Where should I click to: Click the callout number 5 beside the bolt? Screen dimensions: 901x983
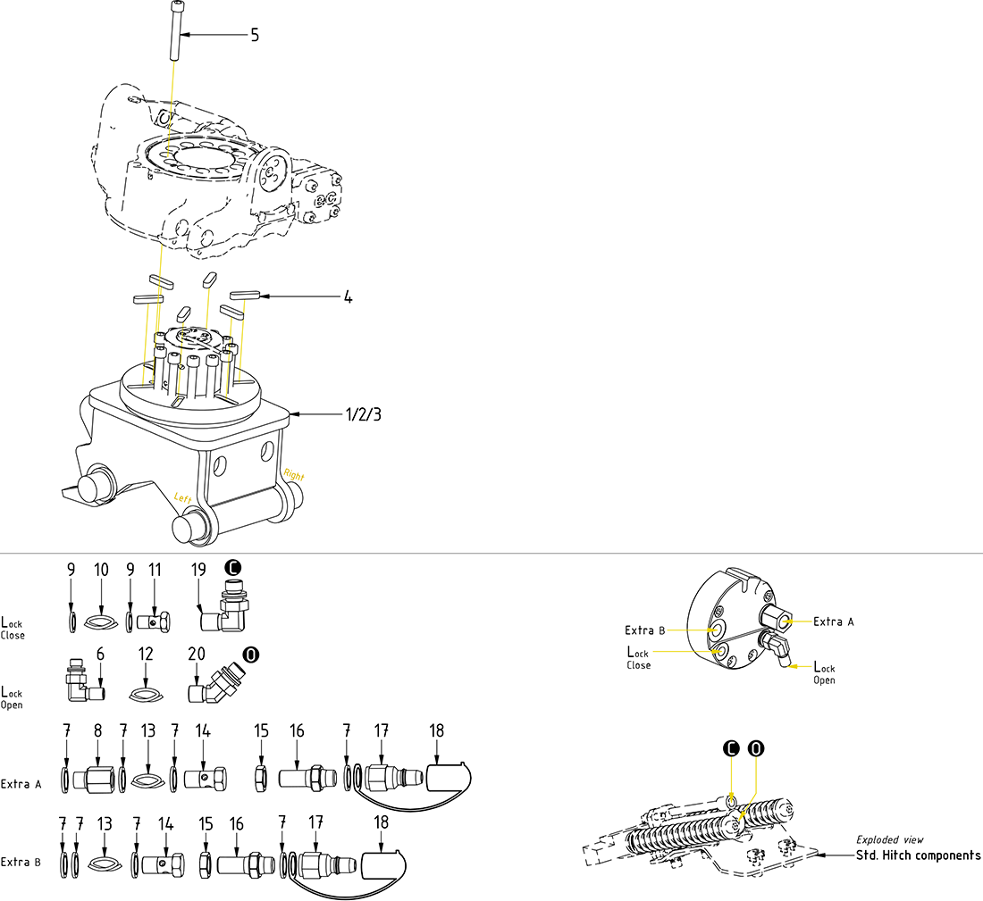pyautogui.click(x=255, y=36)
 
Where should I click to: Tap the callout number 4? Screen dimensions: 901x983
pyautogui.click(x=348, y=296)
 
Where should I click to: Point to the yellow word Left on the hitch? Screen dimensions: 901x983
pyautogui.click(x=182, y=497)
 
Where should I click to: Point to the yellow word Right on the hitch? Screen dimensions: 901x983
pyautogui.click(x=293, y=474)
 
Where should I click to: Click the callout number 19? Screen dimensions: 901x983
pyautogui.click(x=198, y=569)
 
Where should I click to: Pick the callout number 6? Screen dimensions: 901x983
pyautogui.click(x=100, y=655)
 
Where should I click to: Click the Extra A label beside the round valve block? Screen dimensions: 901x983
pyautogui.click(x=833, y=622)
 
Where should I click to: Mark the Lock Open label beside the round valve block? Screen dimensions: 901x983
pyautogui.click(x=824, y=673)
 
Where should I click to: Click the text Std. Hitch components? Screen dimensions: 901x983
pyautogui.click(x=918, y=855)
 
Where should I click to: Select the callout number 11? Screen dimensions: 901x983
pyautogui.click(x=155, y=569)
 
